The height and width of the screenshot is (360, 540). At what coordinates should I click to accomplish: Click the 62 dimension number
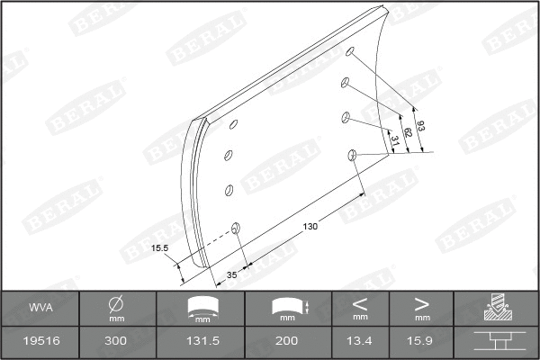coord(408,132)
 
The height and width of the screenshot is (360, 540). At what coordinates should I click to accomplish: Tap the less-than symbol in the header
coord(360,302)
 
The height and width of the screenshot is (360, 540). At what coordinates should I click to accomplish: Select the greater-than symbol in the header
coord(422,302)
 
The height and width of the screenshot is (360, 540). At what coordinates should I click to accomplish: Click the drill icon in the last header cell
coord(497,307)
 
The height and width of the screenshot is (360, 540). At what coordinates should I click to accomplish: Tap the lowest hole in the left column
coord(236,228)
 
